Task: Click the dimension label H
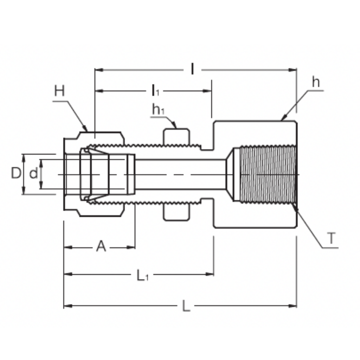click(60, 91)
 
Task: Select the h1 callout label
click(159, 109)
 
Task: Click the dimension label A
click(101, 246)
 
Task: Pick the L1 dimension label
click(143, 275)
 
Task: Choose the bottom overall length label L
click(186, 306)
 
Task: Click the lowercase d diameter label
click(33, 173)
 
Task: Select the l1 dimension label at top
click(155, 90)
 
